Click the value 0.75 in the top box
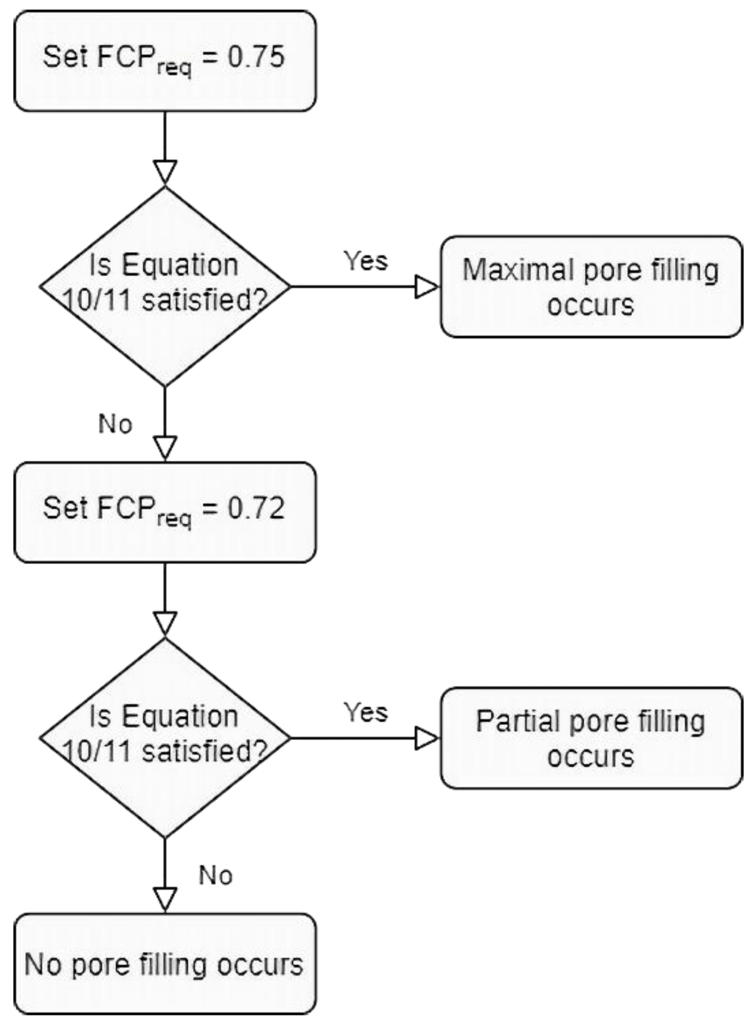tap(256, 57)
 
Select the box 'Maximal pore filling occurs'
tap(591, 287)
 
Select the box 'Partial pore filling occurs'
tap(591, 738)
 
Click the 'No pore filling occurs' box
tap(165, 964)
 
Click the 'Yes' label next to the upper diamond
tap(365, 261)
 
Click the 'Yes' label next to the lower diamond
tap(365, 712)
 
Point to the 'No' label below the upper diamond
tap(115, 424)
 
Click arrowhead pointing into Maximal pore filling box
tap(427, 287)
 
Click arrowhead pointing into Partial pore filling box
tap(427, 738)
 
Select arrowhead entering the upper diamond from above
tap(165, 172)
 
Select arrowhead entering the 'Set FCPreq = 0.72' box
tap(165, 447)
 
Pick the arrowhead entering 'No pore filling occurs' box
tap(165, 899)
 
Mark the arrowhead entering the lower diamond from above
tap(165, 623)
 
